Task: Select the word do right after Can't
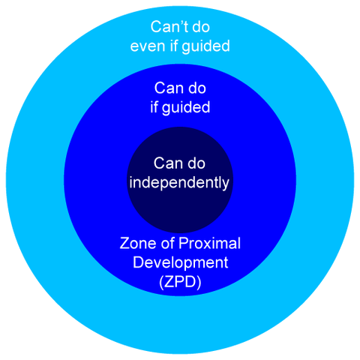202,28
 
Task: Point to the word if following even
173,46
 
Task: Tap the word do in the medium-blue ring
196,87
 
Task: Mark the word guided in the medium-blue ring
187,106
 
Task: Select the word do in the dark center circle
196,163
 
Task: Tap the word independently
180,182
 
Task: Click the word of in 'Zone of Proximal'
170,244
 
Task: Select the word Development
180,263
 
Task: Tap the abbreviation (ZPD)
180,283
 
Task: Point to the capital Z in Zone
125,244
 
